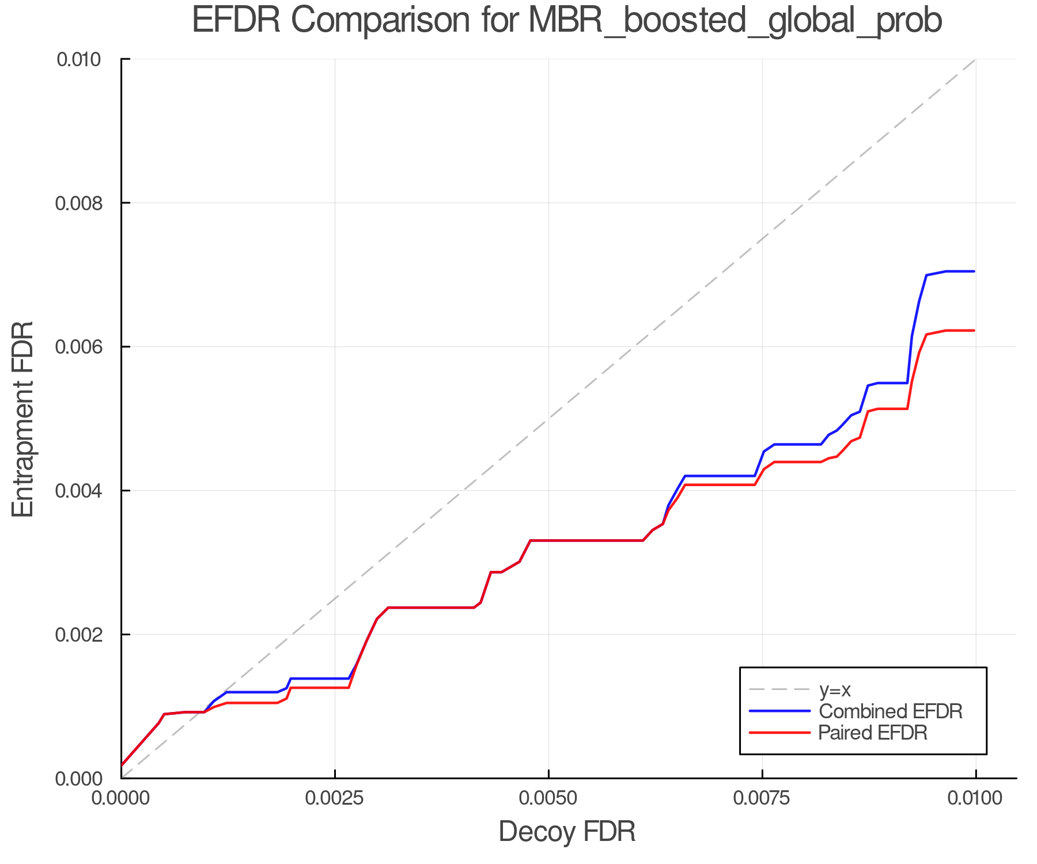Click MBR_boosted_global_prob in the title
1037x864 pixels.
tap(735, 21)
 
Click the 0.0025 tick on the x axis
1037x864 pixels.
tap(335, 798)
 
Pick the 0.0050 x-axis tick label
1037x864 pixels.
tap(548, 798)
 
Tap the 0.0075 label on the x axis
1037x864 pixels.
tap(762, 798)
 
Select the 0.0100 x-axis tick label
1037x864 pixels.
tap(975, 798)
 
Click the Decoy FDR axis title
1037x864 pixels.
tap(567, 832)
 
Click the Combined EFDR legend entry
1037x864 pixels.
tap(890, 711)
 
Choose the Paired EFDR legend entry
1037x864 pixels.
tap(873, 733)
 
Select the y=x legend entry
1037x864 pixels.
tap(835, 689)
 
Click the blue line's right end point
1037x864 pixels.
tap(974, 271)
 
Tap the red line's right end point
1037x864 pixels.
tap(974, 331)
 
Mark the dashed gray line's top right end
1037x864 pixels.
tap(975, 60)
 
